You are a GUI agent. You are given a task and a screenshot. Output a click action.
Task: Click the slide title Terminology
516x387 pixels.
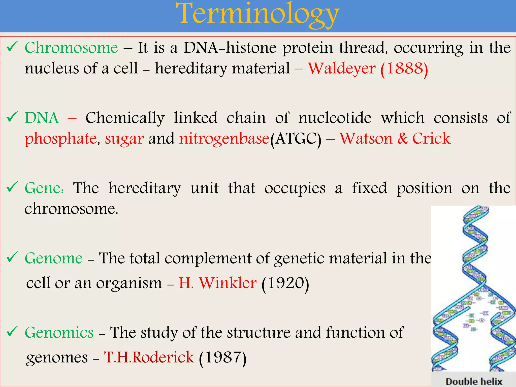coord(258,15)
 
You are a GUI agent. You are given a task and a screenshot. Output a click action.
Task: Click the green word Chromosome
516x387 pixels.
coord(71,48)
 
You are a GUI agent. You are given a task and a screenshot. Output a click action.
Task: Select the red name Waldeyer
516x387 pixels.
coord(342,68)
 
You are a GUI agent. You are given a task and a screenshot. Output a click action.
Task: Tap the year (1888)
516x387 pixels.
coord(404,69)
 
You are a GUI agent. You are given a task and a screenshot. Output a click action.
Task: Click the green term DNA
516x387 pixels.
coord(42,118)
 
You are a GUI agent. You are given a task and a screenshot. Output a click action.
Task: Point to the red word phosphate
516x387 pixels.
coord(61,139)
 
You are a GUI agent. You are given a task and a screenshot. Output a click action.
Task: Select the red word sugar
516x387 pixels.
coord(124,139)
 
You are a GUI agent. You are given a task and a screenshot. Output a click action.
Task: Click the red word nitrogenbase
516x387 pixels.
coord(224,139)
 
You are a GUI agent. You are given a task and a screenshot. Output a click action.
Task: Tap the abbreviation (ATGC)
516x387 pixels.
coord(296,139)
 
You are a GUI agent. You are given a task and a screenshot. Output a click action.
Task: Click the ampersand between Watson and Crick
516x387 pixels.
coord(402,139)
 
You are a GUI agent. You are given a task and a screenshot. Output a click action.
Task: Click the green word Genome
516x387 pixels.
coord(54,258)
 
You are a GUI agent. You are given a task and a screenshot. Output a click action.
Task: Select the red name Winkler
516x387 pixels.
coord(228,283)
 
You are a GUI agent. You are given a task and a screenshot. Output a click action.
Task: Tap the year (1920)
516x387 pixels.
coord(285,283)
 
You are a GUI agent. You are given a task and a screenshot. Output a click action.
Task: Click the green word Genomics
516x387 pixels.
coord(59,333)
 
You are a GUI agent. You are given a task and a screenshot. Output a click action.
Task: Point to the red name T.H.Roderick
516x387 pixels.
coord(149,357)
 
